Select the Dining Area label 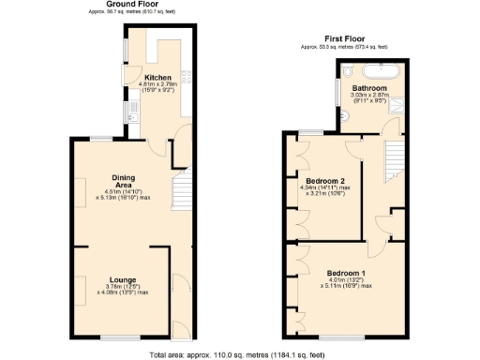point(125,181)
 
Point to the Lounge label point(125,279)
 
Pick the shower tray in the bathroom point(402,106)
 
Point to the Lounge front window point(116,337)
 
